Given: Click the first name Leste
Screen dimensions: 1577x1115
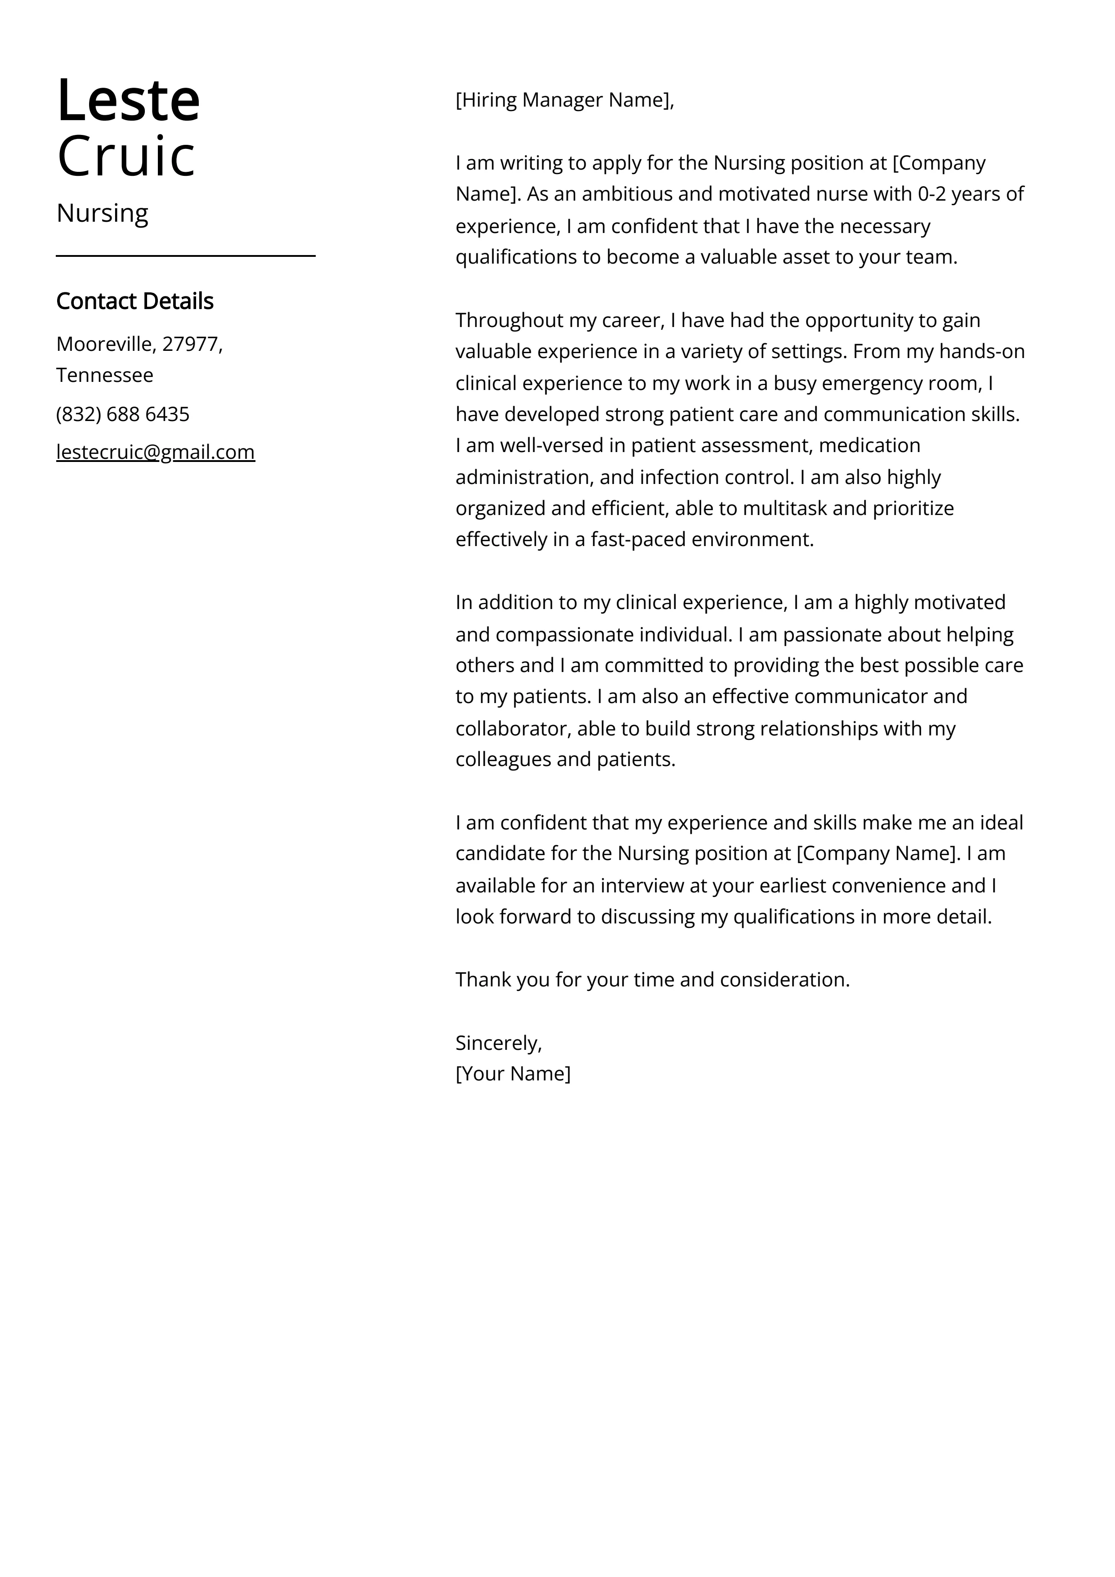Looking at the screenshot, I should (x=129, y=101).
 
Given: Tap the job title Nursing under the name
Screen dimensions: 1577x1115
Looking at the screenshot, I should (x=103, y=214).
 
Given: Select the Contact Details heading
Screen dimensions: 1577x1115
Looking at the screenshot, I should (x=134, y=301).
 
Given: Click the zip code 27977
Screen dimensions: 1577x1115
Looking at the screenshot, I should (x=190, y=344).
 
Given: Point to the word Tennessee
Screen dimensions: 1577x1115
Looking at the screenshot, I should (x=104, y=375).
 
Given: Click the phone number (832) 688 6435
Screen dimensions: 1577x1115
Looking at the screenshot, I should (x=123, y=414).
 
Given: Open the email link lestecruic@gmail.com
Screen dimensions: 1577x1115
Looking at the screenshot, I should (x=155, y=452).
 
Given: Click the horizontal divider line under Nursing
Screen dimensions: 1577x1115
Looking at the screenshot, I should (x=185, y=255).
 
